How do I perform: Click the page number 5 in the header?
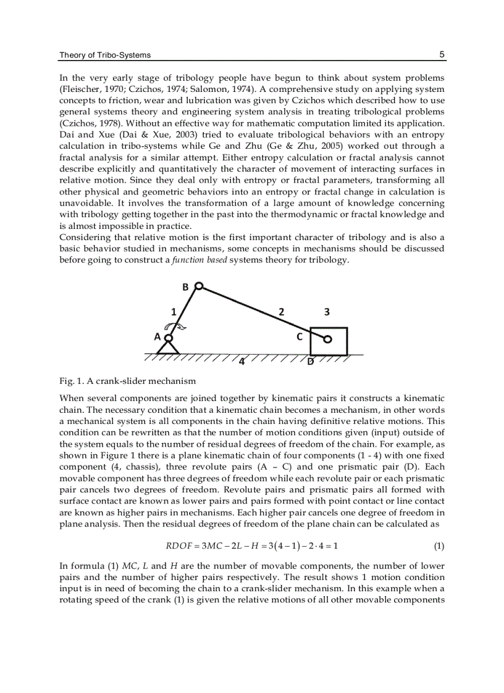[x=442, y=54]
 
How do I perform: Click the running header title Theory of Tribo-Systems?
[x=105, y=55]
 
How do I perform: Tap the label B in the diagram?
[x=185, y=287]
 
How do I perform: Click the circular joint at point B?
[x=198, y=286]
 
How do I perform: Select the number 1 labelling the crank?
[x=174, y=312]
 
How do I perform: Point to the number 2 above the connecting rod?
[x=282, y=312]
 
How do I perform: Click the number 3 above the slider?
[x=327, y=312]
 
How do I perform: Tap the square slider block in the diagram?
[x=329, y=341]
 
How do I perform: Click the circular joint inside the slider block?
[x=328, y=339]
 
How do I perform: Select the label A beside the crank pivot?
[x=157, y=337]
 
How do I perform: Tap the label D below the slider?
[x=311, y=362]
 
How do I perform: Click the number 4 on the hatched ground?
[x=242, y=362]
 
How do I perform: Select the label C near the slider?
[x=300, y=337]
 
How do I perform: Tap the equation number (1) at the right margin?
[x=439, y=546]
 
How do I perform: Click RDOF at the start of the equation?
[x=178, y=546]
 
